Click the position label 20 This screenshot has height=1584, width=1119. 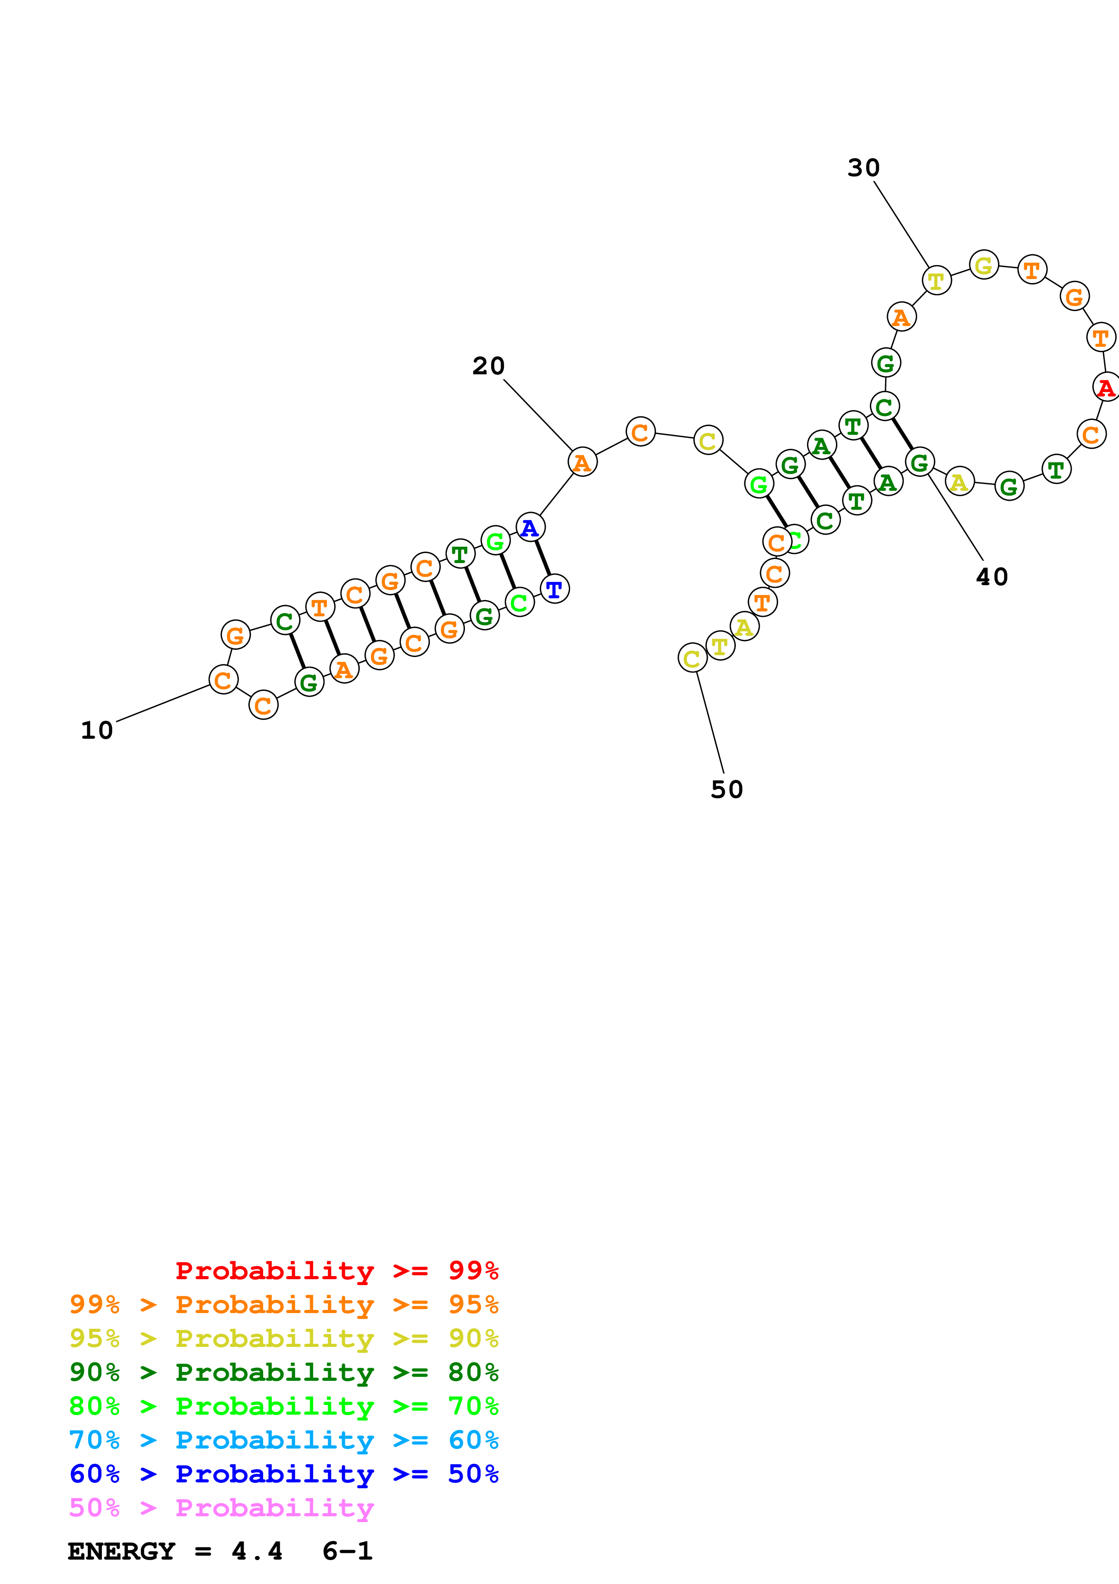[488, 366]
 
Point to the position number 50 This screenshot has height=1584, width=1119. [727, 790]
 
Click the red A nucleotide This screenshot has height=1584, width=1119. [1106, 387]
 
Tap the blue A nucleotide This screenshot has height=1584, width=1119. [529, 528]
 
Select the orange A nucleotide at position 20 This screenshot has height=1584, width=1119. [582, 462]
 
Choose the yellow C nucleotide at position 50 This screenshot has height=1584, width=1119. [692, 658]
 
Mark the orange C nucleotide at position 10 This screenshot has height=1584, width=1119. [223, 680]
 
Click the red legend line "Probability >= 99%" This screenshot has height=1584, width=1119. [336, 1271]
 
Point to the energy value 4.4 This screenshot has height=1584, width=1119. [256, 1551]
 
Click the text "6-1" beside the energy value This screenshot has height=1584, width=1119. [347, 1551]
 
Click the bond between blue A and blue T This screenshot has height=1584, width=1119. [543, 558]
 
